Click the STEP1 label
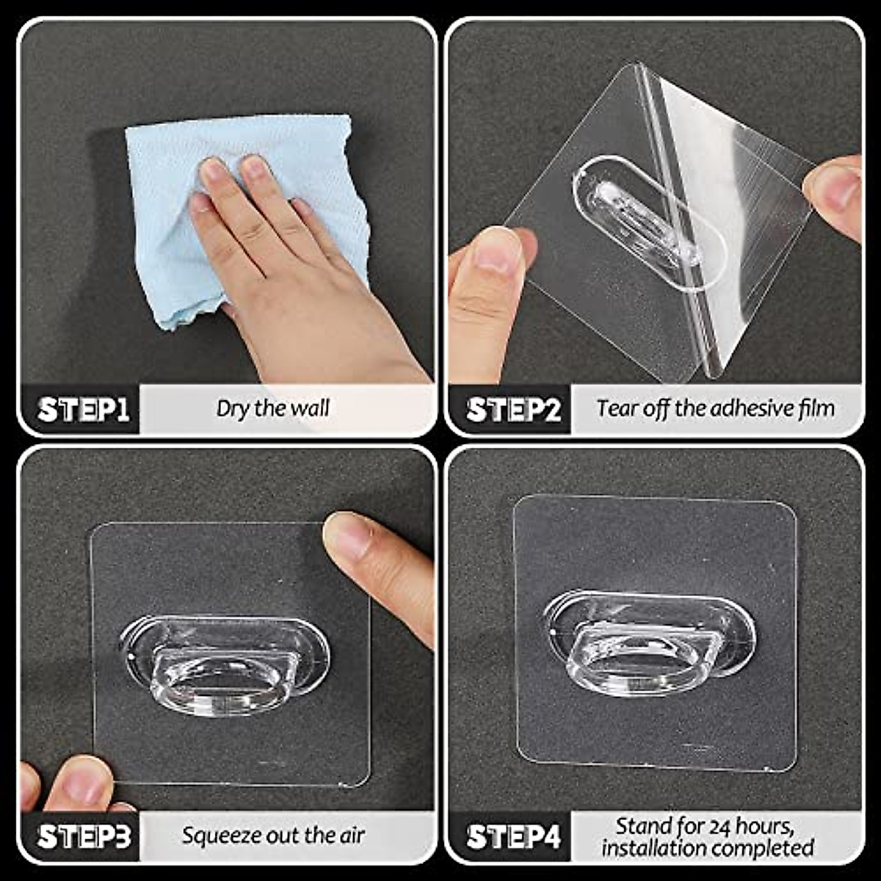(x=83, y=410)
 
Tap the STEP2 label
(x=512, y=410)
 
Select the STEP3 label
(x=84, y=836)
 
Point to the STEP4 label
(x=512, y=836)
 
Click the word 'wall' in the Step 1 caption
(x=311, y=408)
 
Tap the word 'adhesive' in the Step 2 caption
(x=742, y=408)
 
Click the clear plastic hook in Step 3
(x=224, y=664)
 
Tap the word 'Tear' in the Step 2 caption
(x=615, y=408)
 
